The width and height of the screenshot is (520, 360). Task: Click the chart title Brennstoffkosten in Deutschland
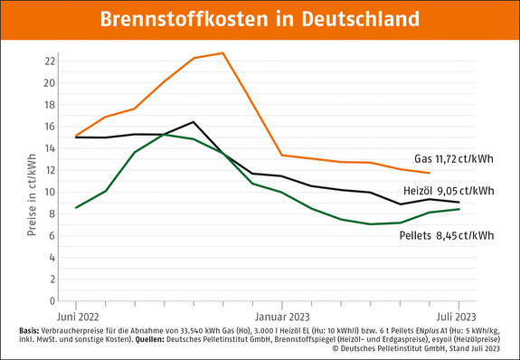click(x=260, y=19)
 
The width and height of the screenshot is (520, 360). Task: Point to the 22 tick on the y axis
click(x=51, y=62)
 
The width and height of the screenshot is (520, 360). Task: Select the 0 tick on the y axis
click(x=54, y=301)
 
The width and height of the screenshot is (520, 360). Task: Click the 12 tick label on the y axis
click(x=51, y=170)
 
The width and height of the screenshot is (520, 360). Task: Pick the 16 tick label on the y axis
click(x=51, y=127)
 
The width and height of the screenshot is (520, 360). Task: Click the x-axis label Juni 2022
click(x=78, y=317)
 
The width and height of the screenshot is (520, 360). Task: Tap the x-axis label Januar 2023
click(x=282, y=317)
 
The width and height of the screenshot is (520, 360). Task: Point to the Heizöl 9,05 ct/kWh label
click(x=449, y=191)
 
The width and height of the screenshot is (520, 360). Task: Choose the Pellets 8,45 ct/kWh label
click(x=447, y=235)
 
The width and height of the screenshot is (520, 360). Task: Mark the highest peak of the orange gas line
click(x=223, y=52)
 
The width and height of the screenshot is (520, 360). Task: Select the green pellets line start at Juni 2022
click(x=76, y=208)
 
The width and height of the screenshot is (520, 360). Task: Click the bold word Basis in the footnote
click(x=28, y=331)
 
